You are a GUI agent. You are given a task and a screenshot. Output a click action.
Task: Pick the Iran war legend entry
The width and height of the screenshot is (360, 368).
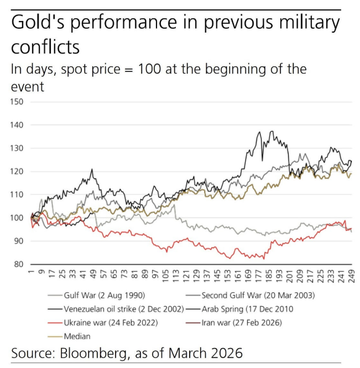pos(243,322)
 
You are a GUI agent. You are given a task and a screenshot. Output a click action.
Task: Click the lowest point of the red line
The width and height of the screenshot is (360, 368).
pos(264,259)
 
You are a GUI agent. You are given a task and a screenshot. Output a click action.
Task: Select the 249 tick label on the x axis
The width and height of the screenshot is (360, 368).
pos(351,274)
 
